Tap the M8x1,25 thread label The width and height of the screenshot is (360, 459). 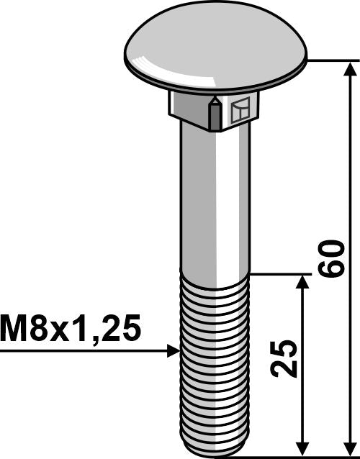[71, 329]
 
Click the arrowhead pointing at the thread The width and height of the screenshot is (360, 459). [174, 350]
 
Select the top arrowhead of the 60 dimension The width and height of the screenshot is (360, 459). [351, 69]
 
